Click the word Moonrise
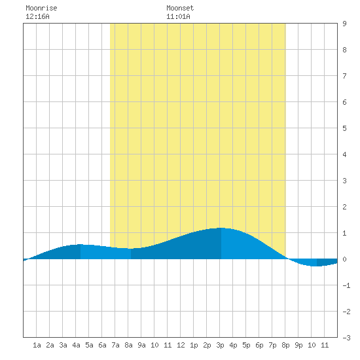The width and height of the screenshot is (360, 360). coord(41,8)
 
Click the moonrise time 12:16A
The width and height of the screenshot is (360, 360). coord(37,16)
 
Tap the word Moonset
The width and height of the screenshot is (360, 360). coord(180,8)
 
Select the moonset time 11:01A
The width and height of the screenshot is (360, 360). coord(178,16)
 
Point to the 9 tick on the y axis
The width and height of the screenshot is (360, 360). coord(344,24)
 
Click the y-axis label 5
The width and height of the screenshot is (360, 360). coord(344,128)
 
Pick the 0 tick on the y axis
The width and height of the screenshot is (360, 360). coord(344,259)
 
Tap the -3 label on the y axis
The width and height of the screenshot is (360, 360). coord(346,338)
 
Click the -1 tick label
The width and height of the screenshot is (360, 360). coord(346,285)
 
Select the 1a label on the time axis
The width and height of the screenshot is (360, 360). coord(37,345)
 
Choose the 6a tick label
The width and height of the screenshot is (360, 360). coord(102,345)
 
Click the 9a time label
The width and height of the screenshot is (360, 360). coord(141,345)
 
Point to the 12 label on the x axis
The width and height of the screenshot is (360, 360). coord(181,345)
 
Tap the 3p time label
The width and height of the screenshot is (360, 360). coord(220,345)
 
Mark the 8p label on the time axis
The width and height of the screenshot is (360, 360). coord(285,345)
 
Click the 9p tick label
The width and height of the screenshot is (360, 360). coord(298,345)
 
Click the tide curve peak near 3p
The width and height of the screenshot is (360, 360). coord(221,228)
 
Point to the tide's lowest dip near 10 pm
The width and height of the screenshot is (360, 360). coord(316,266)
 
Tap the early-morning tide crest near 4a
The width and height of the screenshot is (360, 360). coord(80,244)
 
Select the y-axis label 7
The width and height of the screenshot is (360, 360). coord(344,76)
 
